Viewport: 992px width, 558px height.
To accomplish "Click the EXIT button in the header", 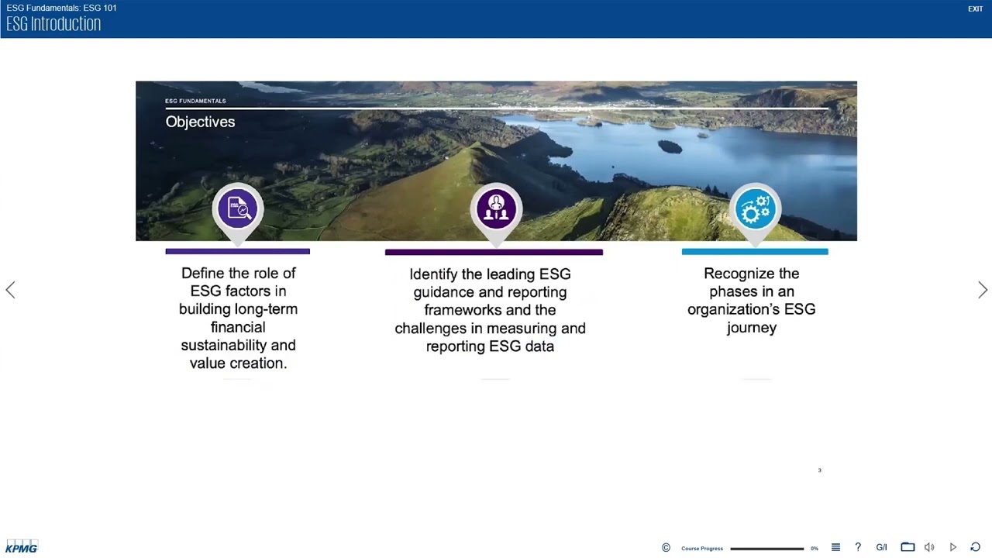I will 975,9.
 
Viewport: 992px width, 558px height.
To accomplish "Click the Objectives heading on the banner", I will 200,122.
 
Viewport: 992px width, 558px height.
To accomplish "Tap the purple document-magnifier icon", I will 238,208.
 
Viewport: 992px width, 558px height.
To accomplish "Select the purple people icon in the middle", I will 496,208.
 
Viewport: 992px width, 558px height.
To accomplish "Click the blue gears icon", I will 755,208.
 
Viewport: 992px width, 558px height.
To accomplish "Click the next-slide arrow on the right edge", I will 983,290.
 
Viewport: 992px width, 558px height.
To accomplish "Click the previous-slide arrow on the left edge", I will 10,290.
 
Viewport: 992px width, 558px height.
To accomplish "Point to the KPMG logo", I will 22,547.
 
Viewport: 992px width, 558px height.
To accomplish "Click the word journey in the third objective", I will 751,327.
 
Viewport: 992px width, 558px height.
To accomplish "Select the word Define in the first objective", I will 204,273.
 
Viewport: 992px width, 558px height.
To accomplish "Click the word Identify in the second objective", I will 433,274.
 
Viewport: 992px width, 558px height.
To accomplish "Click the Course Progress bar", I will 766,549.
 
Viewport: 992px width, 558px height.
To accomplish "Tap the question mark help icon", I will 858,547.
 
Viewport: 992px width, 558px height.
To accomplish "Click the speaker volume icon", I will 929,547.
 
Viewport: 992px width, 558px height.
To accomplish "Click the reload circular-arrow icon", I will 976,547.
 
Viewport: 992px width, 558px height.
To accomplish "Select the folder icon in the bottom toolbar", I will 908,547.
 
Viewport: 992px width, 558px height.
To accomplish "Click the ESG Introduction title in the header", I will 53,24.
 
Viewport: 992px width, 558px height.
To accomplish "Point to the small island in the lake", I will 669,146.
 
